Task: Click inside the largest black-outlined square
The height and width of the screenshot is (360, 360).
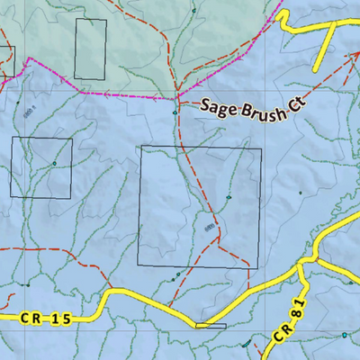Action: [200, 206]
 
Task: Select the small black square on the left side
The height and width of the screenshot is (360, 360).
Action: [40, 167]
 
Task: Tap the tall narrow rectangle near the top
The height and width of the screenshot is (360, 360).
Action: [90, 48]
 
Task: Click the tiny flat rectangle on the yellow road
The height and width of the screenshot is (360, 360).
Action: [210, 325]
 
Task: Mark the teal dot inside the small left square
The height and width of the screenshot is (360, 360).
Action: [54, 163]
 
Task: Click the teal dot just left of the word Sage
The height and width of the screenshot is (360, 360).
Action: [175, 113]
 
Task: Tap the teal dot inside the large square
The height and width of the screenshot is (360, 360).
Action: [229, 198]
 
